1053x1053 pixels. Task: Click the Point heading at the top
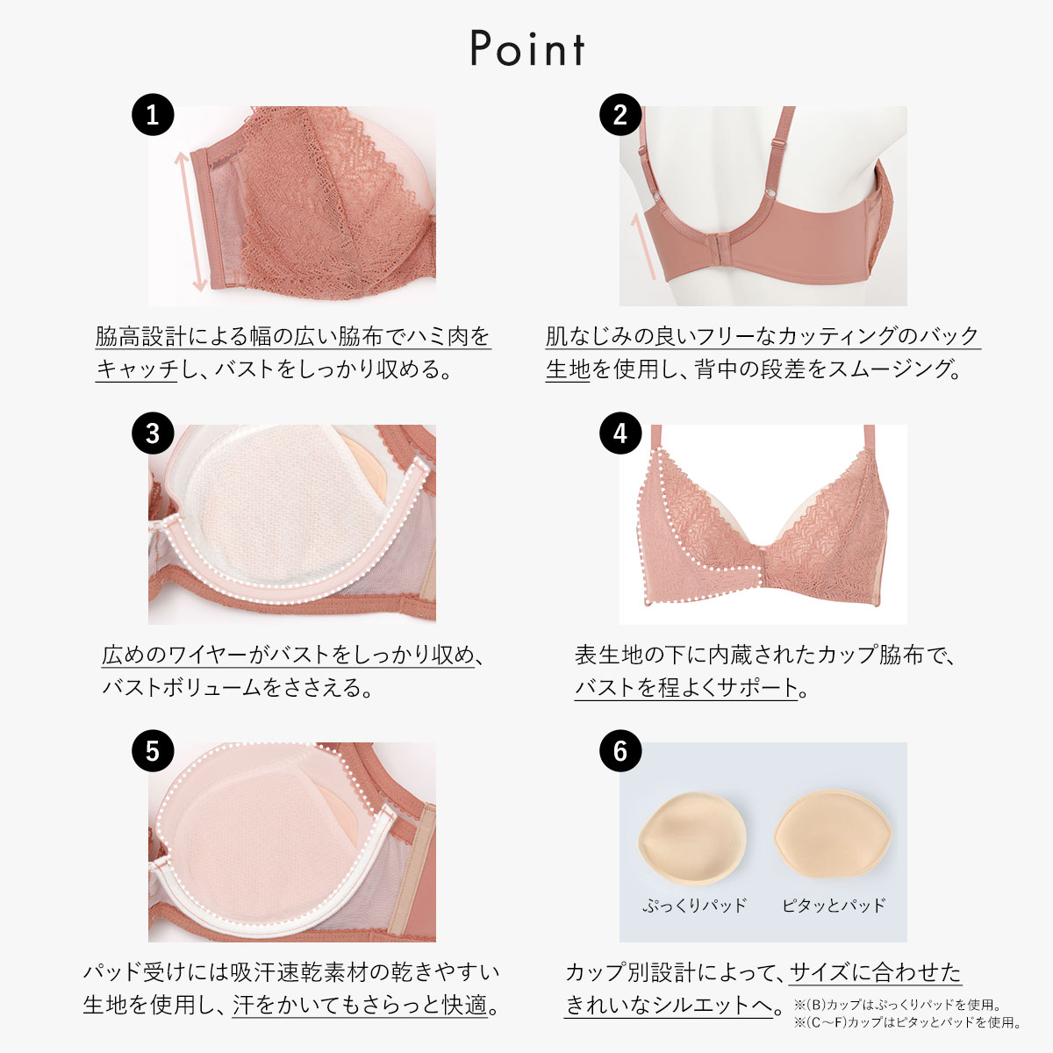tap(527, 49)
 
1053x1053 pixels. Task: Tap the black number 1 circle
tap(153, 115)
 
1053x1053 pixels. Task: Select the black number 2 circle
tap(620, 115)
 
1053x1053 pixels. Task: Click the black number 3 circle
tap(153, 433)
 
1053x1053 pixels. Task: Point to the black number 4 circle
tap(620, 433)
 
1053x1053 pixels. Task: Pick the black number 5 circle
tap(153, 751)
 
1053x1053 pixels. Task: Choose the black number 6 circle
tap(620, 751)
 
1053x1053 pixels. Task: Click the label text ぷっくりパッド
tap(694, 905)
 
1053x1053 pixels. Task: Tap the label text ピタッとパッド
tap(834, 905)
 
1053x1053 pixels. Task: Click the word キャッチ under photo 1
tap(137, 369)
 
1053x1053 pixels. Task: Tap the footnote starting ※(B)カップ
tap(897, 1005)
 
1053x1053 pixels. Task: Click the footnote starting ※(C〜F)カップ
tap(907, 1022)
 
